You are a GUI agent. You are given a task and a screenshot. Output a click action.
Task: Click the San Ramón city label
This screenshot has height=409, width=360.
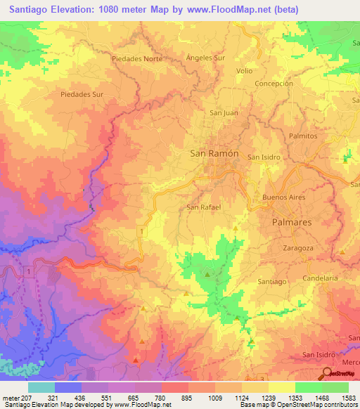tap(214, 153)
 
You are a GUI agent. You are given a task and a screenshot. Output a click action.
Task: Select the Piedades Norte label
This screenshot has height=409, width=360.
tap(137, 59)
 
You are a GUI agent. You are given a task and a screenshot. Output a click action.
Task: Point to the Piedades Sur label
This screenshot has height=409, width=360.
tap(82, 93)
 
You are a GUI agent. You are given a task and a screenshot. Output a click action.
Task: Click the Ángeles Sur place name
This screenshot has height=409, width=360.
tap(205, 58)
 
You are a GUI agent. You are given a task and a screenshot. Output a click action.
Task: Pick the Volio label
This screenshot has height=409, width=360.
tap(244, 71)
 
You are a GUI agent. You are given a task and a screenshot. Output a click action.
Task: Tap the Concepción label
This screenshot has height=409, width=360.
tap(274, 83)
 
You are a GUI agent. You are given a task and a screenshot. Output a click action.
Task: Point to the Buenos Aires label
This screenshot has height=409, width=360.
tap(283, 197)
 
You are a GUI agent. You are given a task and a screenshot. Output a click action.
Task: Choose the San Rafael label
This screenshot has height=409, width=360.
tap(204, 207)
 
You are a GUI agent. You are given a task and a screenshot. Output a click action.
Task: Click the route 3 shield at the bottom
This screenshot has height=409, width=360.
tap(262, 379)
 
